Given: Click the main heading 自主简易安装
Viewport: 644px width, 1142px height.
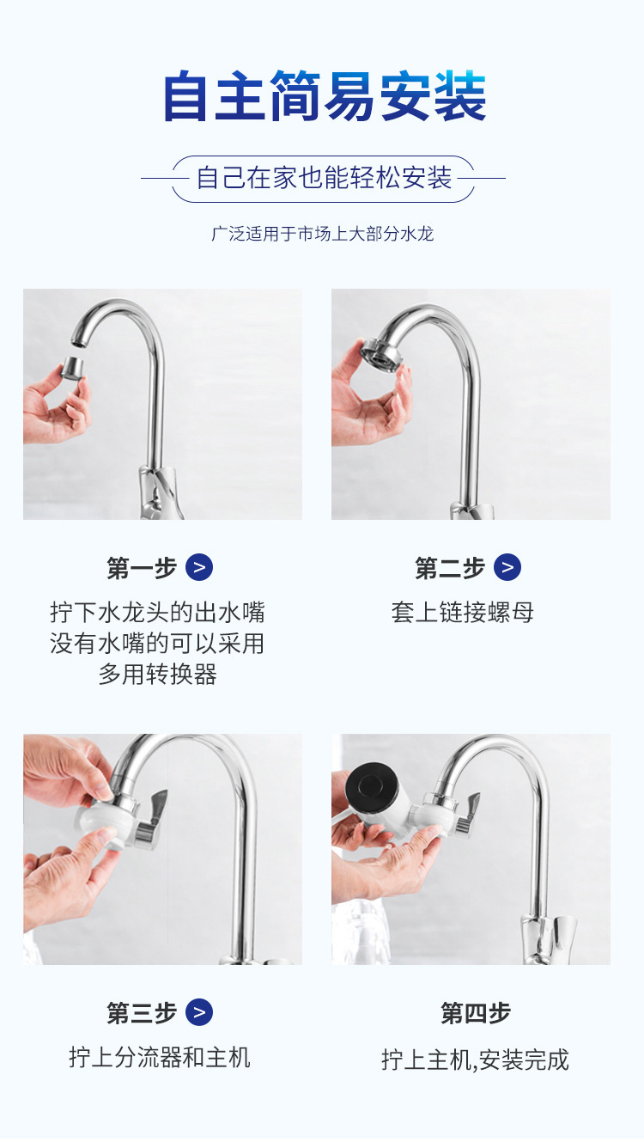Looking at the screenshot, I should pos(324,96).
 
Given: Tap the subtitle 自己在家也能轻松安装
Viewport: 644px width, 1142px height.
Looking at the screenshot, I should pos(324,178).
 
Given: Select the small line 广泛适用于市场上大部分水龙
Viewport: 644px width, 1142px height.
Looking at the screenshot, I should pos(323,233).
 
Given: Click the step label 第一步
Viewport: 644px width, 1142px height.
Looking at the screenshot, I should pos(142,568).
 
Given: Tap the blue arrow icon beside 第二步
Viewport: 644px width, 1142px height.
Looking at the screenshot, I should pos(507,568).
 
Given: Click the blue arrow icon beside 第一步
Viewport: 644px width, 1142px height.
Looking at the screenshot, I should pos(199,568).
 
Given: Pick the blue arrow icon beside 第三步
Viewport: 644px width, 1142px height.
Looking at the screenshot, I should pos(199,1013).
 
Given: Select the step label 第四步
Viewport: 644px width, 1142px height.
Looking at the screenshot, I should pos(476,1013).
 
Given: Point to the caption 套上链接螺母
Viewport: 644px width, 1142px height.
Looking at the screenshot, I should pos(463,613).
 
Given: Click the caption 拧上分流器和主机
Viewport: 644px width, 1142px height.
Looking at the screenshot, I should pos(160,1057).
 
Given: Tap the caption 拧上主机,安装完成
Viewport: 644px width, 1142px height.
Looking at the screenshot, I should pos(475,1060).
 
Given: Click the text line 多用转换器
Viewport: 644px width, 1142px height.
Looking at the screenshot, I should pos(157,675).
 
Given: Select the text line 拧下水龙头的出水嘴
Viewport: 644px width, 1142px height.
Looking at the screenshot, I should pos(157,613).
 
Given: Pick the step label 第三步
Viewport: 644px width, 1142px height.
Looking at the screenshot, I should pos(142,1013).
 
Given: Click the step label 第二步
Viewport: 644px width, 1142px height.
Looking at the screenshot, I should pos(450,568).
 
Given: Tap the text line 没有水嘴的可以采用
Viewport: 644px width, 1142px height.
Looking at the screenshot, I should pos(157,644).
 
